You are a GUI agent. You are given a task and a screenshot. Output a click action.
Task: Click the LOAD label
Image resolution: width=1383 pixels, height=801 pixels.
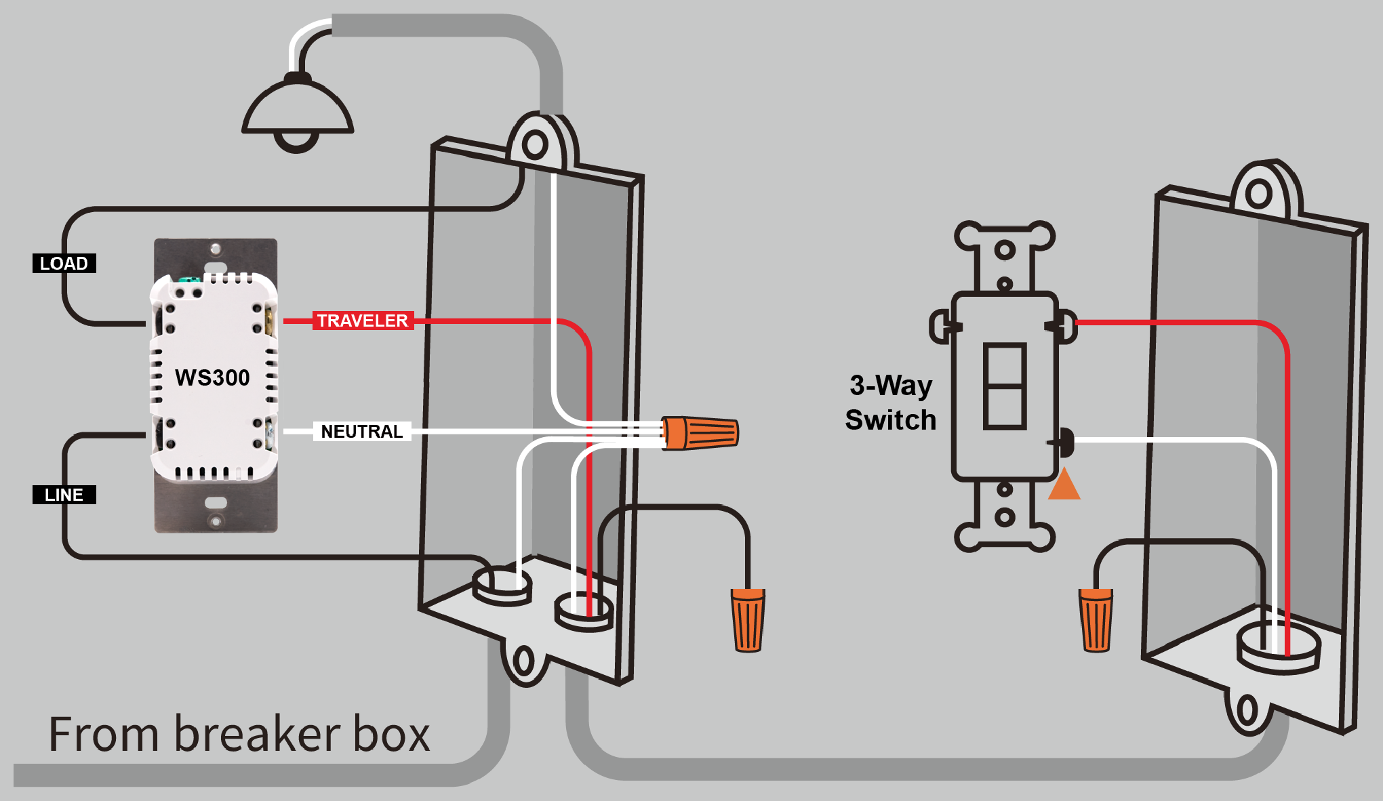(64, 263)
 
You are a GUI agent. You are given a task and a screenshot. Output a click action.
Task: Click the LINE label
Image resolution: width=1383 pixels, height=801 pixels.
(64, 495)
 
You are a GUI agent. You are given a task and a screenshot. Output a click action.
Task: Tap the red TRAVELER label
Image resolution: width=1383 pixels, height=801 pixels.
(363, 321)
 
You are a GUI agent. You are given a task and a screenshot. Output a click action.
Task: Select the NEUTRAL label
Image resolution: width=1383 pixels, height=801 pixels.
(361, 432)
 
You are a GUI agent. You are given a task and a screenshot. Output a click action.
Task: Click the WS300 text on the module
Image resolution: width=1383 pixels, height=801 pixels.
(212, 377)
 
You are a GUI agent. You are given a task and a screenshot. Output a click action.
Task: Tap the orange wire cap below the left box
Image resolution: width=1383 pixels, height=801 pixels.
(748, 620)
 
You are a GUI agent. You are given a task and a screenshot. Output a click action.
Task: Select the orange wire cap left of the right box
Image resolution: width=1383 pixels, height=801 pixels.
(1096, 620)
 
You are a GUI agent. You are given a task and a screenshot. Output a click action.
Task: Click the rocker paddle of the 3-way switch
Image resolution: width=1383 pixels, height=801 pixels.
(1004, 386)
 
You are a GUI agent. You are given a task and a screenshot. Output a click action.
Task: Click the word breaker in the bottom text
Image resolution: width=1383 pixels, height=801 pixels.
(258, 735)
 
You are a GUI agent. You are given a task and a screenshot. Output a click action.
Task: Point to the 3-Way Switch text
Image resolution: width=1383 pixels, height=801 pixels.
(890, 403)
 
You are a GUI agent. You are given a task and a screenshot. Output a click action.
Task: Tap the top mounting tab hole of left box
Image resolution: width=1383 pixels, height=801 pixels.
(535, 144)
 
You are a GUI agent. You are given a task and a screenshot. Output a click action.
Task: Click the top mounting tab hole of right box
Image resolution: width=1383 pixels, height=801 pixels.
(1258, 194)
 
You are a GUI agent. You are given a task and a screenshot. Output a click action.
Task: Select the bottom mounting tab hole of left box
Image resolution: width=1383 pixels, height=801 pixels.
(523, 661)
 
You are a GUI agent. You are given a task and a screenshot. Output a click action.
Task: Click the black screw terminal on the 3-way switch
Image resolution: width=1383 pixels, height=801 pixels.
(1064, 442)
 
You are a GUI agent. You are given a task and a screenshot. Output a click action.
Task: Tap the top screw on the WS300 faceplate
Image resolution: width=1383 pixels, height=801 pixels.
(216, 249)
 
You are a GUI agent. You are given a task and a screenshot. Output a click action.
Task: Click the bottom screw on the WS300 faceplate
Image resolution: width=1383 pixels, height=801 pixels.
(216, 521)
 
